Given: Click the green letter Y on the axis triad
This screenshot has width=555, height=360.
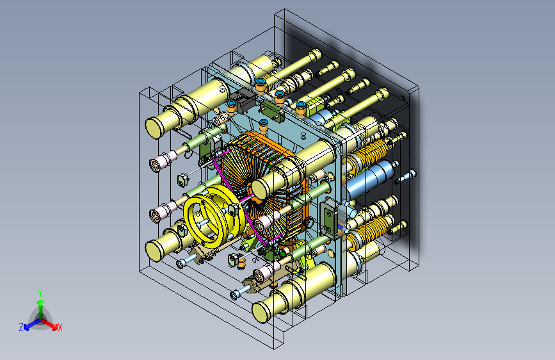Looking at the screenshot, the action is (x=40, y=293).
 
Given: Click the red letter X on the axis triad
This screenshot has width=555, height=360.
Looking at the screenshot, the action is (x=60, y=327).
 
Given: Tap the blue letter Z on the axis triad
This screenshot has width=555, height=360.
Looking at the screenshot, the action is (x=21, y=327).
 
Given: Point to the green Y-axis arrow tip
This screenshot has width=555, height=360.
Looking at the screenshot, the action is (x=41, y=302).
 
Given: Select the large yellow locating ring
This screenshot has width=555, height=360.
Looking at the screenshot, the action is (x=213, y=215).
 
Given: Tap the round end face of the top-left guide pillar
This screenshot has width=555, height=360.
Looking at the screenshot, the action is (x=154, y=128).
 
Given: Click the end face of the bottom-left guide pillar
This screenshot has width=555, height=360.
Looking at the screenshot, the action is (x=154, y=250).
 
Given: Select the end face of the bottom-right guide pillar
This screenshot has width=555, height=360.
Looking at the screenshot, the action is (x=261, y=312).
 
